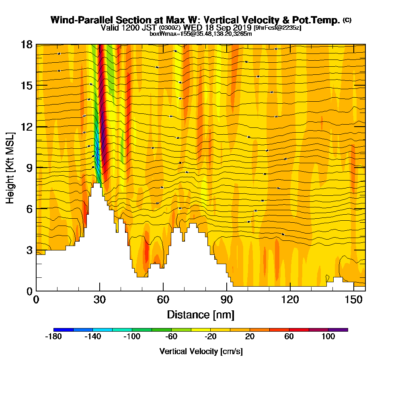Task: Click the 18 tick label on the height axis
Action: pos(26,44)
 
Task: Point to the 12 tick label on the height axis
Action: pos(26,127)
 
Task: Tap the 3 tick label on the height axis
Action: pos(29,250)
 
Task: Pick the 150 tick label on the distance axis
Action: pos(353,299)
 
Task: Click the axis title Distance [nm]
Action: pos(201,314)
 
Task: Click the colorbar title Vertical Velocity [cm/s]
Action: pos(201,351)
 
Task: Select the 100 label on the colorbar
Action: pos(328,337)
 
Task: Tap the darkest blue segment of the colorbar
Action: pos(64,330)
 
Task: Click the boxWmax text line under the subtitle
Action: pos(201,34)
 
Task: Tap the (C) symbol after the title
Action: pos(347,20)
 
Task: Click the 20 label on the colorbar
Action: pos(250,337)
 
